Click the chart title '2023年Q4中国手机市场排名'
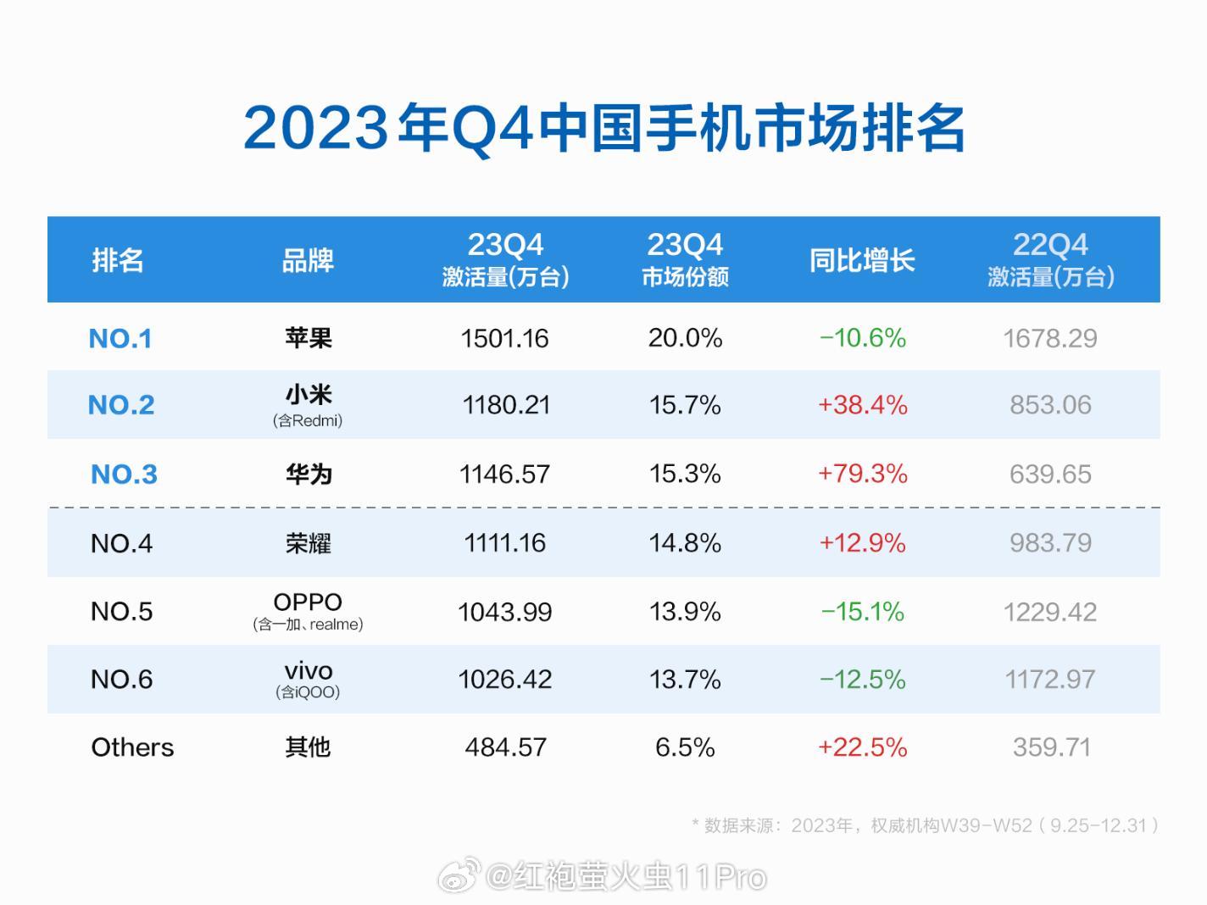[x=603, y=129]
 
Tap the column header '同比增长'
[x=862, y=260]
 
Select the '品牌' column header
[x=308, y=260]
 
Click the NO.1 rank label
[x=120, y=338]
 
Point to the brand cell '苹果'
[x=308, y=338]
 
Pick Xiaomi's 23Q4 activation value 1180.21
[x=505, y=405]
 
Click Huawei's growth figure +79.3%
[x=862, y=474]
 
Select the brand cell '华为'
[x=308, y=474]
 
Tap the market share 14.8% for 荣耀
[x=685, y=543]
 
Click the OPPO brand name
[x=308, y=602]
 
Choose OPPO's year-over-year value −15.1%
[x=862, y=612]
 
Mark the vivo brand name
[x=308, y=671]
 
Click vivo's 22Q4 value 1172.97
[x=1050, y=680]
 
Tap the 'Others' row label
[x=132, y=747]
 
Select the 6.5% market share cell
[x=685, y=747]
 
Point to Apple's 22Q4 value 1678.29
[x=1050, y=338]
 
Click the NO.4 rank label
[x=121, y=543]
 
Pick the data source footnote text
[x=925, y=825]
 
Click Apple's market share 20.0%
[x=685, y=338]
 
